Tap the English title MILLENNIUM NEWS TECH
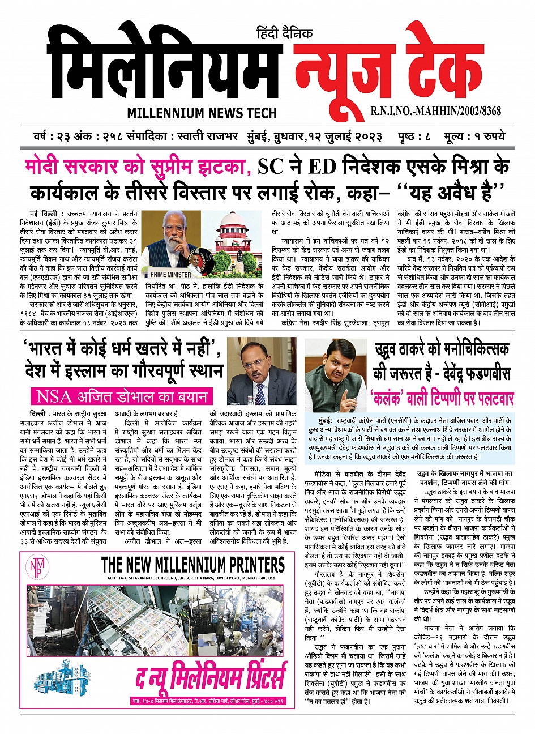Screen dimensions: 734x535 tap(202, 113)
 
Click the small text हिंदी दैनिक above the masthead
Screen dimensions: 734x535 tap(284, 33)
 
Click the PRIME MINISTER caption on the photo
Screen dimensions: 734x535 tap(171, 274)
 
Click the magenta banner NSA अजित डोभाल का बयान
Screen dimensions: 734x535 tap(121, 396)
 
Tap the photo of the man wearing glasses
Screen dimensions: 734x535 tap(261, 371)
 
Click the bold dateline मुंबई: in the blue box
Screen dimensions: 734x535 tap(329, 422)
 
